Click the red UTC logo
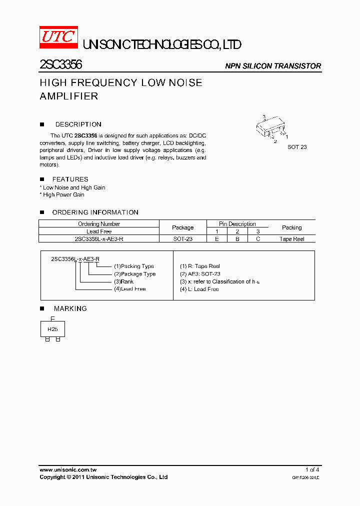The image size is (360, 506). [x=58, y=36]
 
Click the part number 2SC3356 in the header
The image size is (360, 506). [x=61, y=65]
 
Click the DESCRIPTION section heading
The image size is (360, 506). [x=78, y=124]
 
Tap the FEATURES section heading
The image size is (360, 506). [x=70, y=179]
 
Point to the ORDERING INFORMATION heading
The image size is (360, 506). [x=95, y=212]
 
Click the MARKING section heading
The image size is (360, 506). [x=70, y=308]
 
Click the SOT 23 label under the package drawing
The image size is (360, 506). [x=297, y=147]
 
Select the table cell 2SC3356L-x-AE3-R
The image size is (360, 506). [x=99, y=239]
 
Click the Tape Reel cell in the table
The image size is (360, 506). [x=291, y=239]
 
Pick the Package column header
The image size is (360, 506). [x=182, y=227]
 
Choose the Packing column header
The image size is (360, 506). [x=291, y=227]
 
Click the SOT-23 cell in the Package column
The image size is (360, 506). [x=182, y=239]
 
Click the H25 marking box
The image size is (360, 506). [x=52, y=329]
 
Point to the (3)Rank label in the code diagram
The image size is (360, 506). [x=123, y=281]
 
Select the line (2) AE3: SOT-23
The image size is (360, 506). [x=200, y=274]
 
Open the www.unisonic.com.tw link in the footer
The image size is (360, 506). [x=68, y=470]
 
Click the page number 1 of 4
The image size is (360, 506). [x=312, y=470]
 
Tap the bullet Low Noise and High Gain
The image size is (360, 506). [x=73, y=187]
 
